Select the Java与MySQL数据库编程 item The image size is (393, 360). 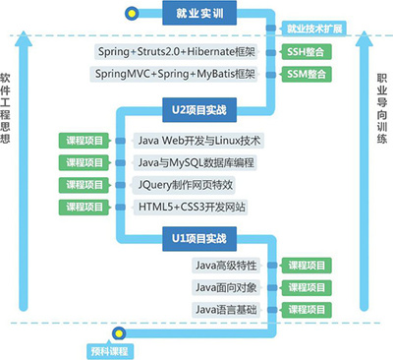tap(199, 161)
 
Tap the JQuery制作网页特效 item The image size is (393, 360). tap(191, 184)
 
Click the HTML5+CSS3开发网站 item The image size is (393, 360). tap(194, 207)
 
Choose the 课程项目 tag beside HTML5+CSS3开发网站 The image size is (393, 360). tap(84, 207)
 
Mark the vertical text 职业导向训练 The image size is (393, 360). tap(381, 108)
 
